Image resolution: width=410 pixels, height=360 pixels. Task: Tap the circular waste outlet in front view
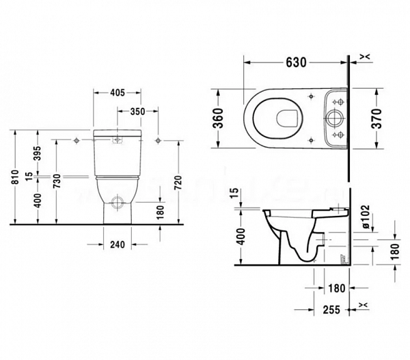pos(117,202)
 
